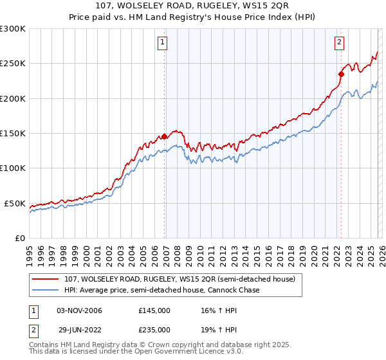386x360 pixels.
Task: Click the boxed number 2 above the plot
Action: pyautogui.click(x=338, y=43)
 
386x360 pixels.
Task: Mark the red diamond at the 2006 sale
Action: pyautogui.click(x=164, y=136)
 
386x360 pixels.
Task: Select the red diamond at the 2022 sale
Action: pyautogui.click(x=341, y=74)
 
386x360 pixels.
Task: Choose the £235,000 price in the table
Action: pyautogui.click(x=154, y=329)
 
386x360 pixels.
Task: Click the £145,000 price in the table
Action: pyautogui.click(x=154, y=310)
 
